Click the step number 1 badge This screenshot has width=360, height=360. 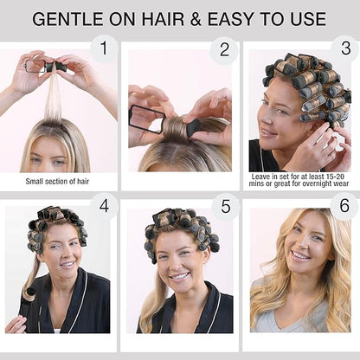(104, 48)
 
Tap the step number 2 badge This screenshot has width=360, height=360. (224, 50)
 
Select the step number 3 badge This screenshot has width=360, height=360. (345, 48)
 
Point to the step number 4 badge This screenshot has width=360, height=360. (104, 206)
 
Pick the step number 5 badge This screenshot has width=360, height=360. (226, 207)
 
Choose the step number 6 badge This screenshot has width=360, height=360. (344, 206)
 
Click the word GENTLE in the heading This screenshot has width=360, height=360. (67, 19)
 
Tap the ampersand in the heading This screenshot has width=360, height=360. (196, 19)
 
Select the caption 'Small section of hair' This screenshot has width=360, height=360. (57, 182)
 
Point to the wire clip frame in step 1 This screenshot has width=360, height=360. (35, 66)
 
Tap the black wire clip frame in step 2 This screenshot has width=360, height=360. (147, 119)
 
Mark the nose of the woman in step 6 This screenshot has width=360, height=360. (301, 242)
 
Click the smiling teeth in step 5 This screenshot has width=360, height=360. (179, 276)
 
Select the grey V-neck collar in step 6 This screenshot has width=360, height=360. (292, 318)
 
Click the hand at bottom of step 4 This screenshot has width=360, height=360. (16, 324)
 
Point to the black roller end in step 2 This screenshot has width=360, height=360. (193, 126)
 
